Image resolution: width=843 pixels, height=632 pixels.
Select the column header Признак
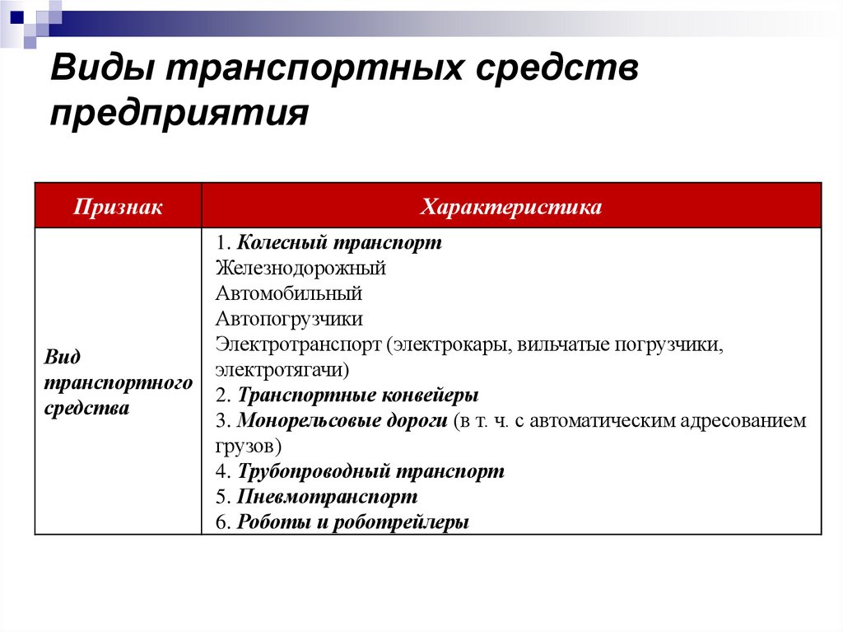tap(118, 207)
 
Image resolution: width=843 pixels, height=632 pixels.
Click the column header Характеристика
tap(511, 207)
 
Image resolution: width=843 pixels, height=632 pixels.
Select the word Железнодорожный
tap(301, 268)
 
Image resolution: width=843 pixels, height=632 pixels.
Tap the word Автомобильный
tap(289, 293)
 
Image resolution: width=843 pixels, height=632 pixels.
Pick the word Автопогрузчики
tap(290, 319)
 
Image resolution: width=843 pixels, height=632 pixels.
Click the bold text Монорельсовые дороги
tap(342, 420)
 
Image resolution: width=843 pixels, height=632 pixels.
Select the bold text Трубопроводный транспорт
tap(370, 471)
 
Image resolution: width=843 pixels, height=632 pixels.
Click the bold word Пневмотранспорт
tap(327, 497)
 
